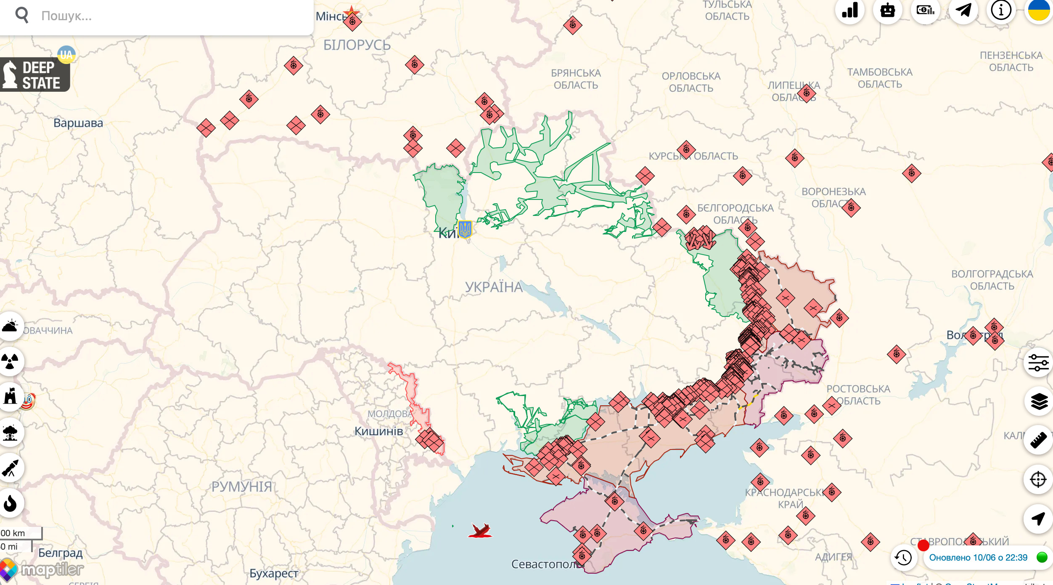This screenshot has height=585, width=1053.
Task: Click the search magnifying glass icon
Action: [x=22, y=16]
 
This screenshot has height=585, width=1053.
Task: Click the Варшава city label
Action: [x=78, y=123]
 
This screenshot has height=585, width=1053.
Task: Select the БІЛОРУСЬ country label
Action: [x=357, y=45]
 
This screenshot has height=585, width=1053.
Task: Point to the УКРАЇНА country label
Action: [x=494, y=287]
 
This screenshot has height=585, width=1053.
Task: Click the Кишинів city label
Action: [x=378, y=431]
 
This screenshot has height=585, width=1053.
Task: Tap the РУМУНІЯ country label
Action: [x=241, y=487]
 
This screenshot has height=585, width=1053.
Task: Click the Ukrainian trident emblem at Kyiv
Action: [x=465, y=229]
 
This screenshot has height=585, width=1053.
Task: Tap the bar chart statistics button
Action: [x=849, y=10]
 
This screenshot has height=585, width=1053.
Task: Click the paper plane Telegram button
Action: [x=963, y=10]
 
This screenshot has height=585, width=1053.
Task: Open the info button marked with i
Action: [x=1000, y=10]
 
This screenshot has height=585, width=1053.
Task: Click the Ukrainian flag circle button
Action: [x=1039, y=10]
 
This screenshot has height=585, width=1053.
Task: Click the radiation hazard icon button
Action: [x=11, y=361]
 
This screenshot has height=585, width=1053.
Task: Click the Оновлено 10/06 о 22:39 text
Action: [x=978, y=558]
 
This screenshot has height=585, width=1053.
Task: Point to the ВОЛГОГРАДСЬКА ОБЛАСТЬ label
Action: [x=992, y=280]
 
